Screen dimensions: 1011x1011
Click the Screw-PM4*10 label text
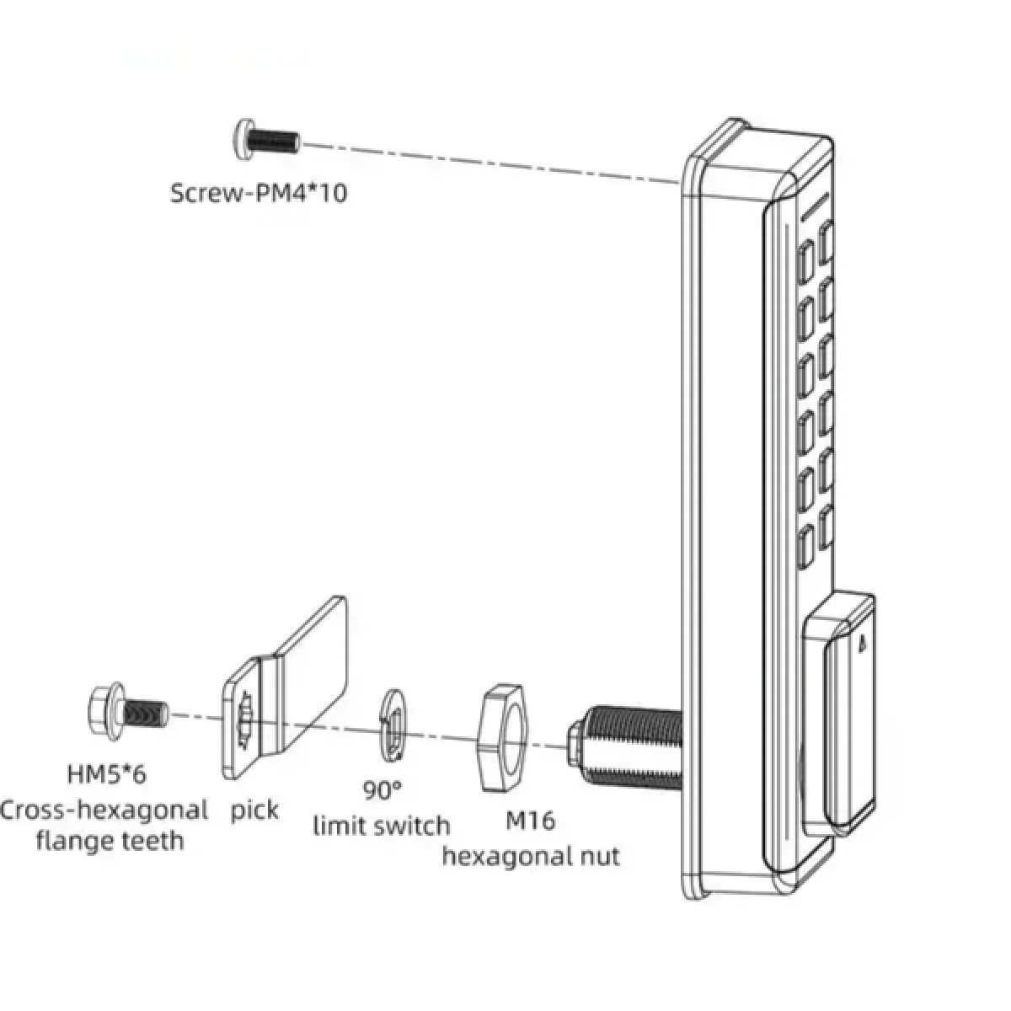pyautogui.click(x=259, y=193)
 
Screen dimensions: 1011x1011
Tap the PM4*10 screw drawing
pyautogui.click(x=265, y=137)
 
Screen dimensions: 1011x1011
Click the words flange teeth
pyautogui.click(x=110, y=840)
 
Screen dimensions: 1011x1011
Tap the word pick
pyautogui.click(x=254, y=810)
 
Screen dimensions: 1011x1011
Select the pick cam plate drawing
pyautogui.click(x=286, y=686)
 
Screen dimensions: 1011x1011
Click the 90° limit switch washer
pyautogui.click(x=393, y=723)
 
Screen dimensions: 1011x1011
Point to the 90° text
pyautogui.click(x=383, y=791)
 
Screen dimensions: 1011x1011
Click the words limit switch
pyautogui.click(x=382, y=826)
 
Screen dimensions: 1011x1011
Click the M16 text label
pyautogui.click(x=530, y=820)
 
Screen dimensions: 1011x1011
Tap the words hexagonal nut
pyautogui.click(x=531, y=857)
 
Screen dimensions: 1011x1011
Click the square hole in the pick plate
pyautogui.click(x=247, y=719)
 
